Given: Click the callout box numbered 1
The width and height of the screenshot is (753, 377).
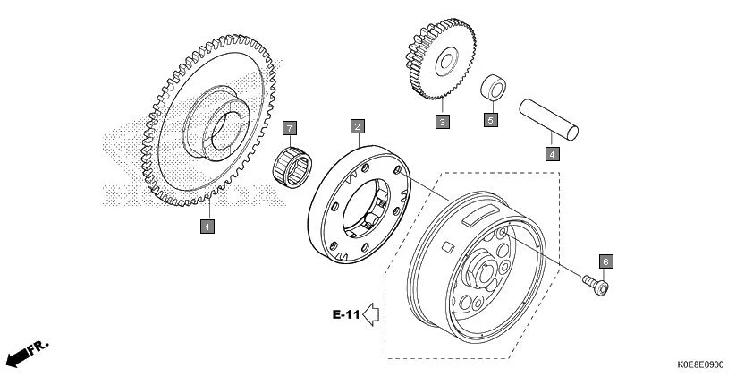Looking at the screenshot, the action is pos(207,226).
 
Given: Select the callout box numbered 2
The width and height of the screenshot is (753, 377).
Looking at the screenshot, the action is pos(358,126).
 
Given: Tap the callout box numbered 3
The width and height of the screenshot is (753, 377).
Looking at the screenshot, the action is pos(443,121).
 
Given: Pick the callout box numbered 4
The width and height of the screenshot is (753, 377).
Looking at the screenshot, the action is pos(553,154).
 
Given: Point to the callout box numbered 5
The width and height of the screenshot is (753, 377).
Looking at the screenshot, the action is pos(490,120).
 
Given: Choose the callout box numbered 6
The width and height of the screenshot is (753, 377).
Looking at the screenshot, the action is pos(605,261).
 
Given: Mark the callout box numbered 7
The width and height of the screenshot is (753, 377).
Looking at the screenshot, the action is pos(289,128).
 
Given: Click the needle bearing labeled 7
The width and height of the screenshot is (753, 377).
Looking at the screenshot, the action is pos(292,167).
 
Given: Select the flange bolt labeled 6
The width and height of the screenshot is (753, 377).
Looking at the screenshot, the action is pos(596,285).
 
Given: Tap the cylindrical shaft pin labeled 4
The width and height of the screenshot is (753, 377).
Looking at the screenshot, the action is pos(548,120).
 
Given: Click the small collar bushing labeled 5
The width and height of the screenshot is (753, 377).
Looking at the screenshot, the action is pos(493,89).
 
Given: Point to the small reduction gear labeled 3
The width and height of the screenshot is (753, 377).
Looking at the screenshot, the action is pos(441,59).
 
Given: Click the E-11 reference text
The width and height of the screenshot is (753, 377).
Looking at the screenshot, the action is pos(346,315).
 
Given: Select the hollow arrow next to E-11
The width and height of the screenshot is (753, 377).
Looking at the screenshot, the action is pos(371,315).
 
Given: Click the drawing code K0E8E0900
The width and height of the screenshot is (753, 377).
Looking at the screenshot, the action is pos(700,365).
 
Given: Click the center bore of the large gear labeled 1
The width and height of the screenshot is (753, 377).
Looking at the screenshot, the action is pos(225,130).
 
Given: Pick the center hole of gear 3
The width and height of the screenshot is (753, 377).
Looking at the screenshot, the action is pos(446,61).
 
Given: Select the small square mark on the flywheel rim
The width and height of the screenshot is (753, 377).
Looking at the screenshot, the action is pos(447,247).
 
